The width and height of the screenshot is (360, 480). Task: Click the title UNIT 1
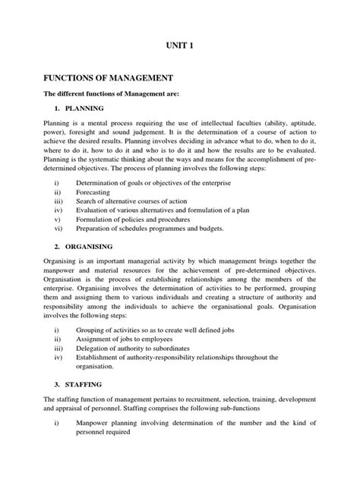coord(179,46)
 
